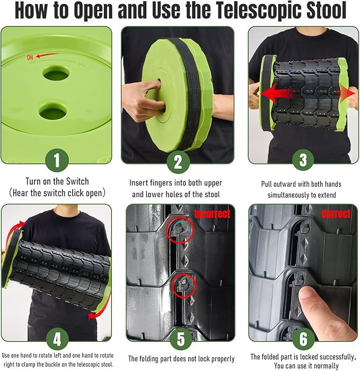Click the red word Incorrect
[212, 214]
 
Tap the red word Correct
[336, 214]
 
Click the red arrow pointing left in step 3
[278, 94]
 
